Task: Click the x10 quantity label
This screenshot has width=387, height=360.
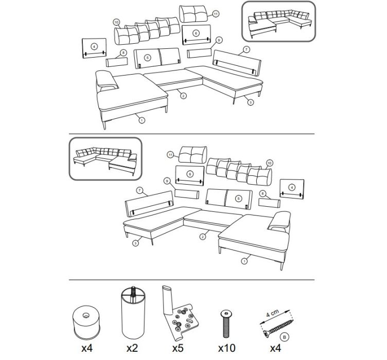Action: tap(226, 348)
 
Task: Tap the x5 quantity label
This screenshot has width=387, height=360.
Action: tap(178, 348)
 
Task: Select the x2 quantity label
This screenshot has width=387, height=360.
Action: tap(132, 348)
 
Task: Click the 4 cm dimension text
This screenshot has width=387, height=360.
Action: tap(272, 313)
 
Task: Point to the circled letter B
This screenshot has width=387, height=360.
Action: tap(284, 337)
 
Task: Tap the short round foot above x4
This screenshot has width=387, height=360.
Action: tap(86, 322)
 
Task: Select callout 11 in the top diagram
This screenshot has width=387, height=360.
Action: tap(216, 14)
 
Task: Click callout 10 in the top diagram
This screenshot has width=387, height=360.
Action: tap(116, 22)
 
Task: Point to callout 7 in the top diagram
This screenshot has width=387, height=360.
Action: tap(246, 49)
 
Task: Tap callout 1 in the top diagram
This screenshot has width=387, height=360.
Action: tap(142, 120)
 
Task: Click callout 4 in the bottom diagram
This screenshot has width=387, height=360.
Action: tap(292, 187)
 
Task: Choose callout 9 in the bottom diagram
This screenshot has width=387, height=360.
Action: tap(167, 181)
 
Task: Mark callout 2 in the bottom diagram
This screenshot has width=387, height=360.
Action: tap(203, 237)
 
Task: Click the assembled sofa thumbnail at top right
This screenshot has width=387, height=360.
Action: tap(278, 21)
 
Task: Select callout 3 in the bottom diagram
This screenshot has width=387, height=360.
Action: tap(135, 243)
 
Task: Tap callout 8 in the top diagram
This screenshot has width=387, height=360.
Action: tap(123, 52)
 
